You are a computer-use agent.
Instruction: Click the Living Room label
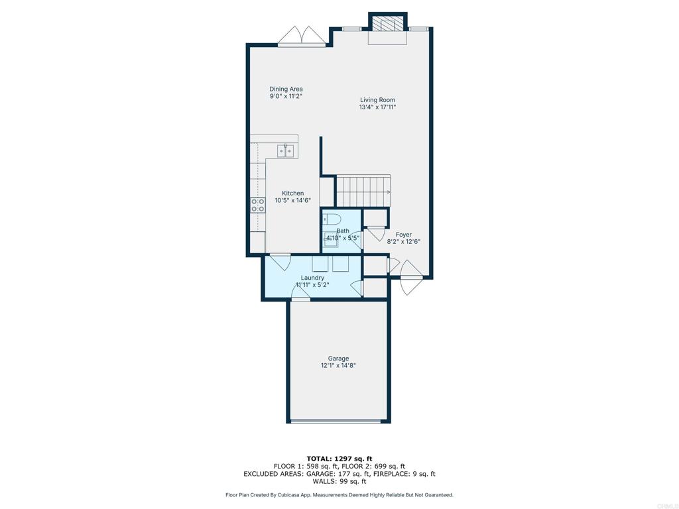pos(377,100)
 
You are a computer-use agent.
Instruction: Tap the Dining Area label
pos(286,89)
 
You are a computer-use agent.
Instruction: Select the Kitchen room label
pos(292,193)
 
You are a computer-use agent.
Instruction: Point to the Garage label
pos(338,359)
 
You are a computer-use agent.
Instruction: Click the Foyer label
pos(404,235)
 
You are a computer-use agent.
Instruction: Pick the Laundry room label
pos(313,278)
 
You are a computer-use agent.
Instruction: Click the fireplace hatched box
pos(387,24)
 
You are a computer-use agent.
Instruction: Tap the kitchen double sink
pos(285,151)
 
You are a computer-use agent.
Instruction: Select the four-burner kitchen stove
pos(258,205)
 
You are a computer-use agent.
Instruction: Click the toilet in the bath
pos(329,219)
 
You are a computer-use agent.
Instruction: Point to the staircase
pos(363,191)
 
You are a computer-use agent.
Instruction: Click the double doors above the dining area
pos(302,36)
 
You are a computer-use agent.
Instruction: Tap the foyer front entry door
pos(410,278)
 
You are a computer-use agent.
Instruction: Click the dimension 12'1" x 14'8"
pos(338,365)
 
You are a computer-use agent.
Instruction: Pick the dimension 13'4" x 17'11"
pos(377,107)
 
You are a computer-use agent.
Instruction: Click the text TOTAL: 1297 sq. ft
pos(339,459)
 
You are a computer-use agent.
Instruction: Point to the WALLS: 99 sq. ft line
pos(339,481)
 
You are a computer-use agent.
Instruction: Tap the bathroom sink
pos(332,239)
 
